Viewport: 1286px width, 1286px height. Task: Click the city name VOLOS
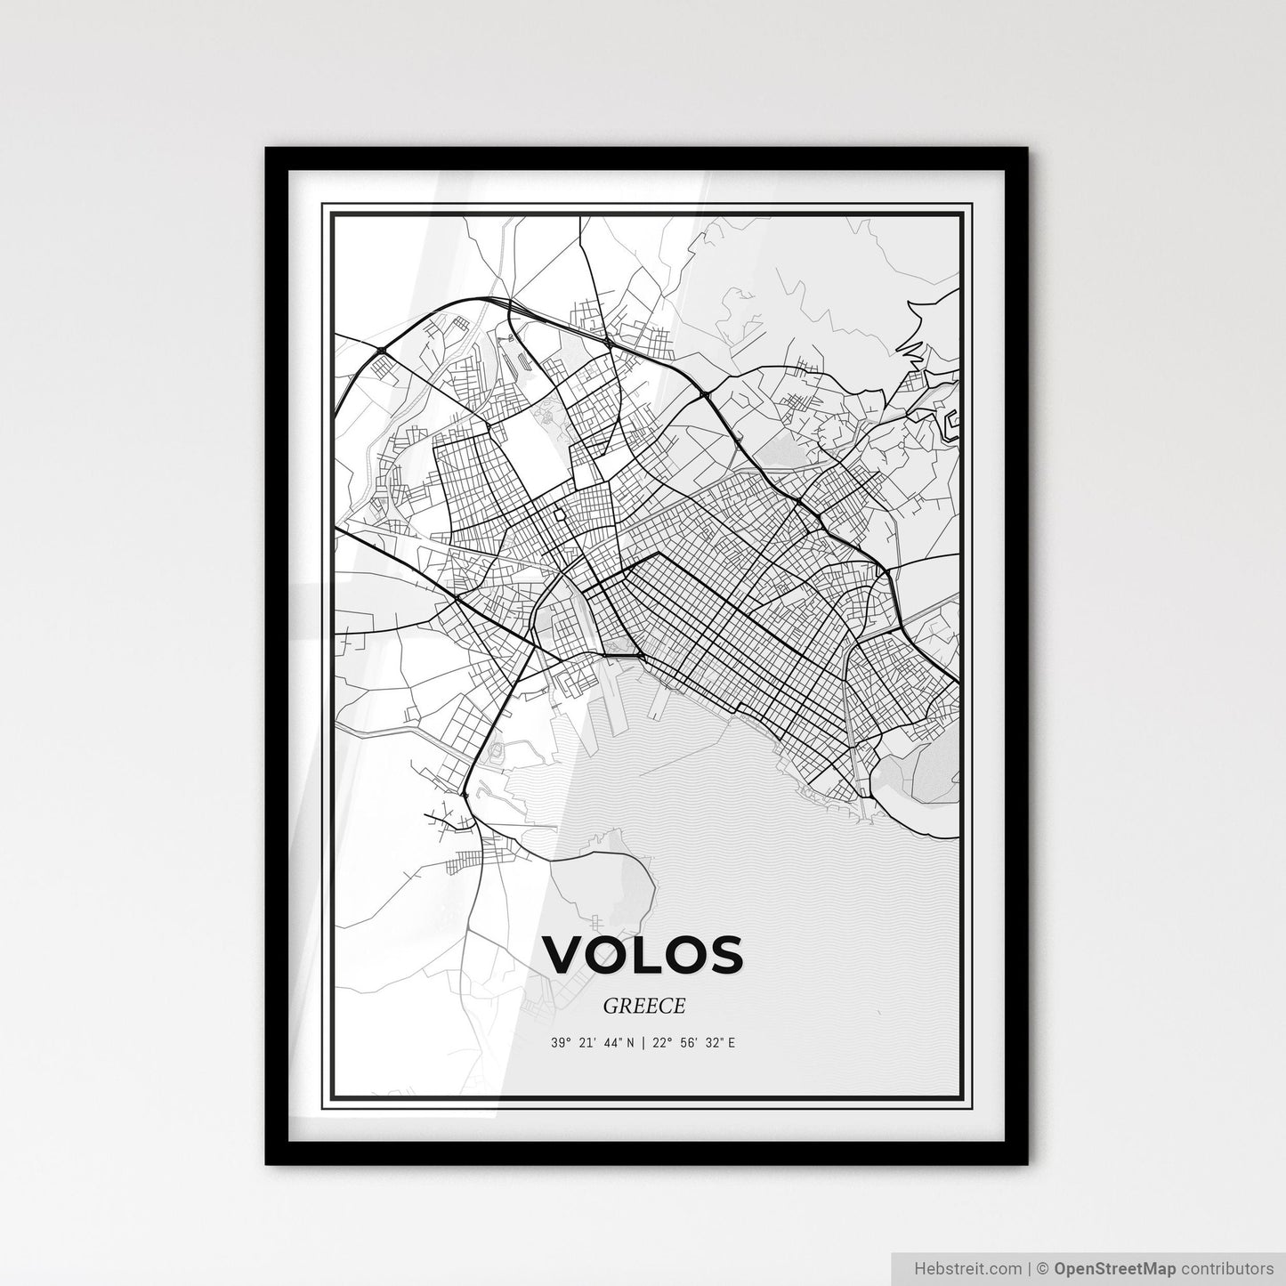pyautogui.click(x=643, y=954)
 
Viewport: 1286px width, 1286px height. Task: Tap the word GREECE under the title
pyautogui.click(x=643, y=1006)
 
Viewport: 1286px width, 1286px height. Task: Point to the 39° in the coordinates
pyautogui.click(x=560, y=1043)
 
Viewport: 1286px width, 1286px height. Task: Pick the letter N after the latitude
pyautogui.click(x=630, y=1043)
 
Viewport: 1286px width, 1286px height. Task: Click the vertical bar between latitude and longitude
pyautogui.click(x=643, y=1043)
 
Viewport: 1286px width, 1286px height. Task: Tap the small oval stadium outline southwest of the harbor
pyautogui.click(x=496, y=750)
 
